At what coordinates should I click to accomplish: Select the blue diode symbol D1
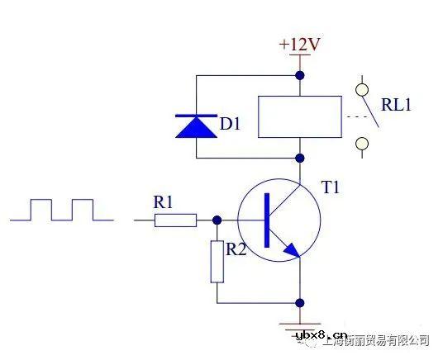[x=196, y=126]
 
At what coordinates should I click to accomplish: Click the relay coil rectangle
[x=299, y=116]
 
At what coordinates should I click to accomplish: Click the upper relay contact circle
[x=361, y=86]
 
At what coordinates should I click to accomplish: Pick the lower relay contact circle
[x=361, y=145]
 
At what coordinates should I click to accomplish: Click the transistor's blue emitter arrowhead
[x=290, y=249]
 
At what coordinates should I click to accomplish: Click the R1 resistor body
[x=176, y=220]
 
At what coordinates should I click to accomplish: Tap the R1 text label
[x=163, y=201]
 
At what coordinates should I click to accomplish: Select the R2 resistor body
[x=217, y=262]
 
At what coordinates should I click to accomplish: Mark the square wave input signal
[x=62, y=210]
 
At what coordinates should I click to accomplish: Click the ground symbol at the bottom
[x=299, y=326]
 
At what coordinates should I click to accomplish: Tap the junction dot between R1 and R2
[x=217, y=220]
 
